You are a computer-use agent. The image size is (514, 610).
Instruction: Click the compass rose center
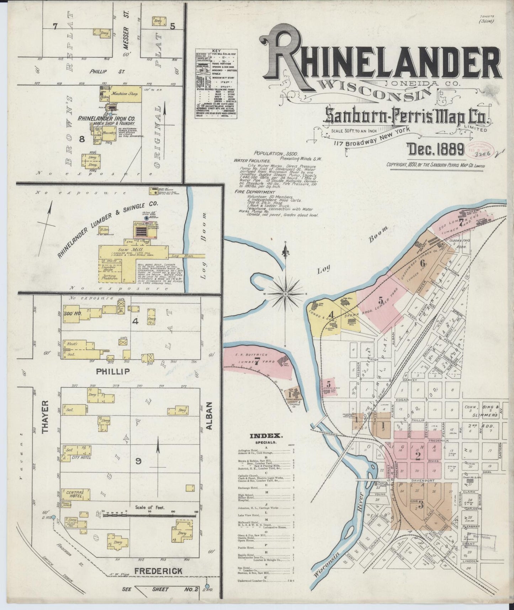(285, 294)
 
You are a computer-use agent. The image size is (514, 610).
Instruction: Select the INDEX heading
(261, 436)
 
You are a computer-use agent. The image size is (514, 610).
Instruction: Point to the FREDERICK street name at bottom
(158, 571)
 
